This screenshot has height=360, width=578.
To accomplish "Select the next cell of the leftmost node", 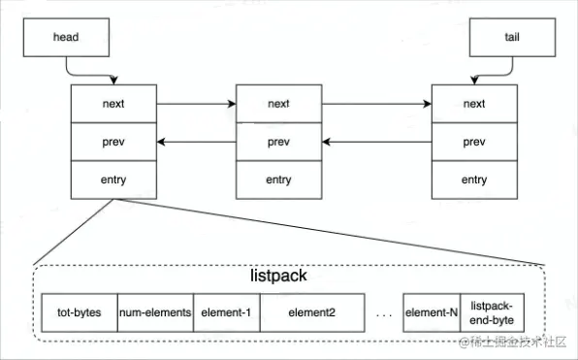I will [x=113, y=103].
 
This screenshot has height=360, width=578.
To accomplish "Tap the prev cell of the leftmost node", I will [x=113, y=142].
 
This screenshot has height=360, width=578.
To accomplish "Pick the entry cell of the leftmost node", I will [x=113, y=180].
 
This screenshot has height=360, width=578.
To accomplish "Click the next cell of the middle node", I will [x=279, y=103].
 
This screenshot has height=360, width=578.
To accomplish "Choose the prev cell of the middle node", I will [x=279, y=142].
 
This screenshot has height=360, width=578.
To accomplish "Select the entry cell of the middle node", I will [x=279, y=180].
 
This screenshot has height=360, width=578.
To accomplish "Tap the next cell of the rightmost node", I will [x=474, y=103].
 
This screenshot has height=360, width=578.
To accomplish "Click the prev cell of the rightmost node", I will [x=474, y=142].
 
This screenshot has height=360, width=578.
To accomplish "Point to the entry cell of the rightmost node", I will [x=474, y=180].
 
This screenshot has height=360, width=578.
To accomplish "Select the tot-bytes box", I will [x=80, y=313].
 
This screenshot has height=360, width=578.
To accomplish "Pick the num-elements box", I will [x=155, y=313].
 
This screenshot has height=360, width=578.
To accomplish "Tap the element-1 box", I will [x=227, y=313].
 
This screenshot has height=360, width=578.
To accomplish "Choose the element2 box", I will [x=310, y=313].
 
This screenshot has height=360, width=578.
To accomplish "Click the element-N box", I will [x=431, y=313].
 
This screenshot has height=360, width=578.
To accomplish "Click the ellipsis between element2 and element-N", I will [x=382, y=314].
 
